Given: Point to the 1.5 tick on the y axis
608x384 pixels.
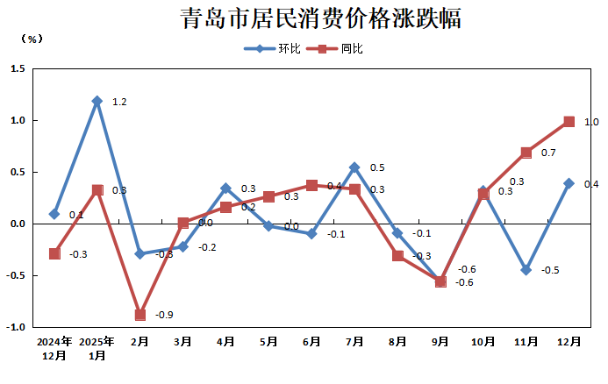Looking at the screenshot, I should click(x=18, y=68).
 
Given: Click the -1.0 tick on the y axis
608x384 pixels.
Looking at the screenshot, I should click(x=16, y=328).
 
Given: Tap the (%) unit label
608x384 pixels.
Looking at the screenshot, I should click(x=30, y=39).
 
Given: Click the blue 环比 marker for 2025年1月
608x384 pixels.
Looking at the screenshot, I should click(x=97, y=101).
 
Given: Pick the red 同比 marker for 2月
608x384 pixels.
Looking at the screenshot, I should click(x=140, y=315).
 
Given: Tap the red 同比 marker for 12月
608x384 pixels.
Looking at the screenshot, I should click(x=569, y=122).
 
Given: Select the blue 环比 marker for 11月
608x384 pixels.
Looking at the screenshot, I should click(x=526, y=270).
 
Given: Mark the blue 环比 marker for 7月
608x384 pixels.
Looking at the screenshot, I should click(x=354, y=167).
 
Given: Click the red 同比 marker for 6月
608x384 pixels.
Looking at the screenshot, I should click(x=311, y=185).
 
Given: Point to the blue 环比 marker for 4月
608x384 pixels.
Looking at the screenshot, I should click(x=225, y=188).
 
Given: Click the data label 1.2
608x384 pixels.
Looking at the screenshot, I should click(x=120, y=103).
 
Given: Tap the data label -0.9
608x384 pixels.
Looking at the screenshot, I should click(x=164, y=316).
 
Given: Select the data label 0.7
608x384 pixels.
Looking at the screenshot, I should click(x=548, y=153).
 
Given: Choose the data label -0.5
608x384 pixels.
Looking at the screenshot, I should click(x=550, y=270).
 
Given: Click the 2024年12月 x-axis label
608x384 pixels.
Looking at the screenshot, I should click(x=54, y=348).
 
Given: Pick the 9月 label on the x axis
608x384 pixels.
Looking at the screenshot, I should click(x=440, y=342).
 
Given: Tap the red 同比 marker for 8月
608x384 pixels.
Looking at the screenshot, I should click(x=397, y=255).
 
